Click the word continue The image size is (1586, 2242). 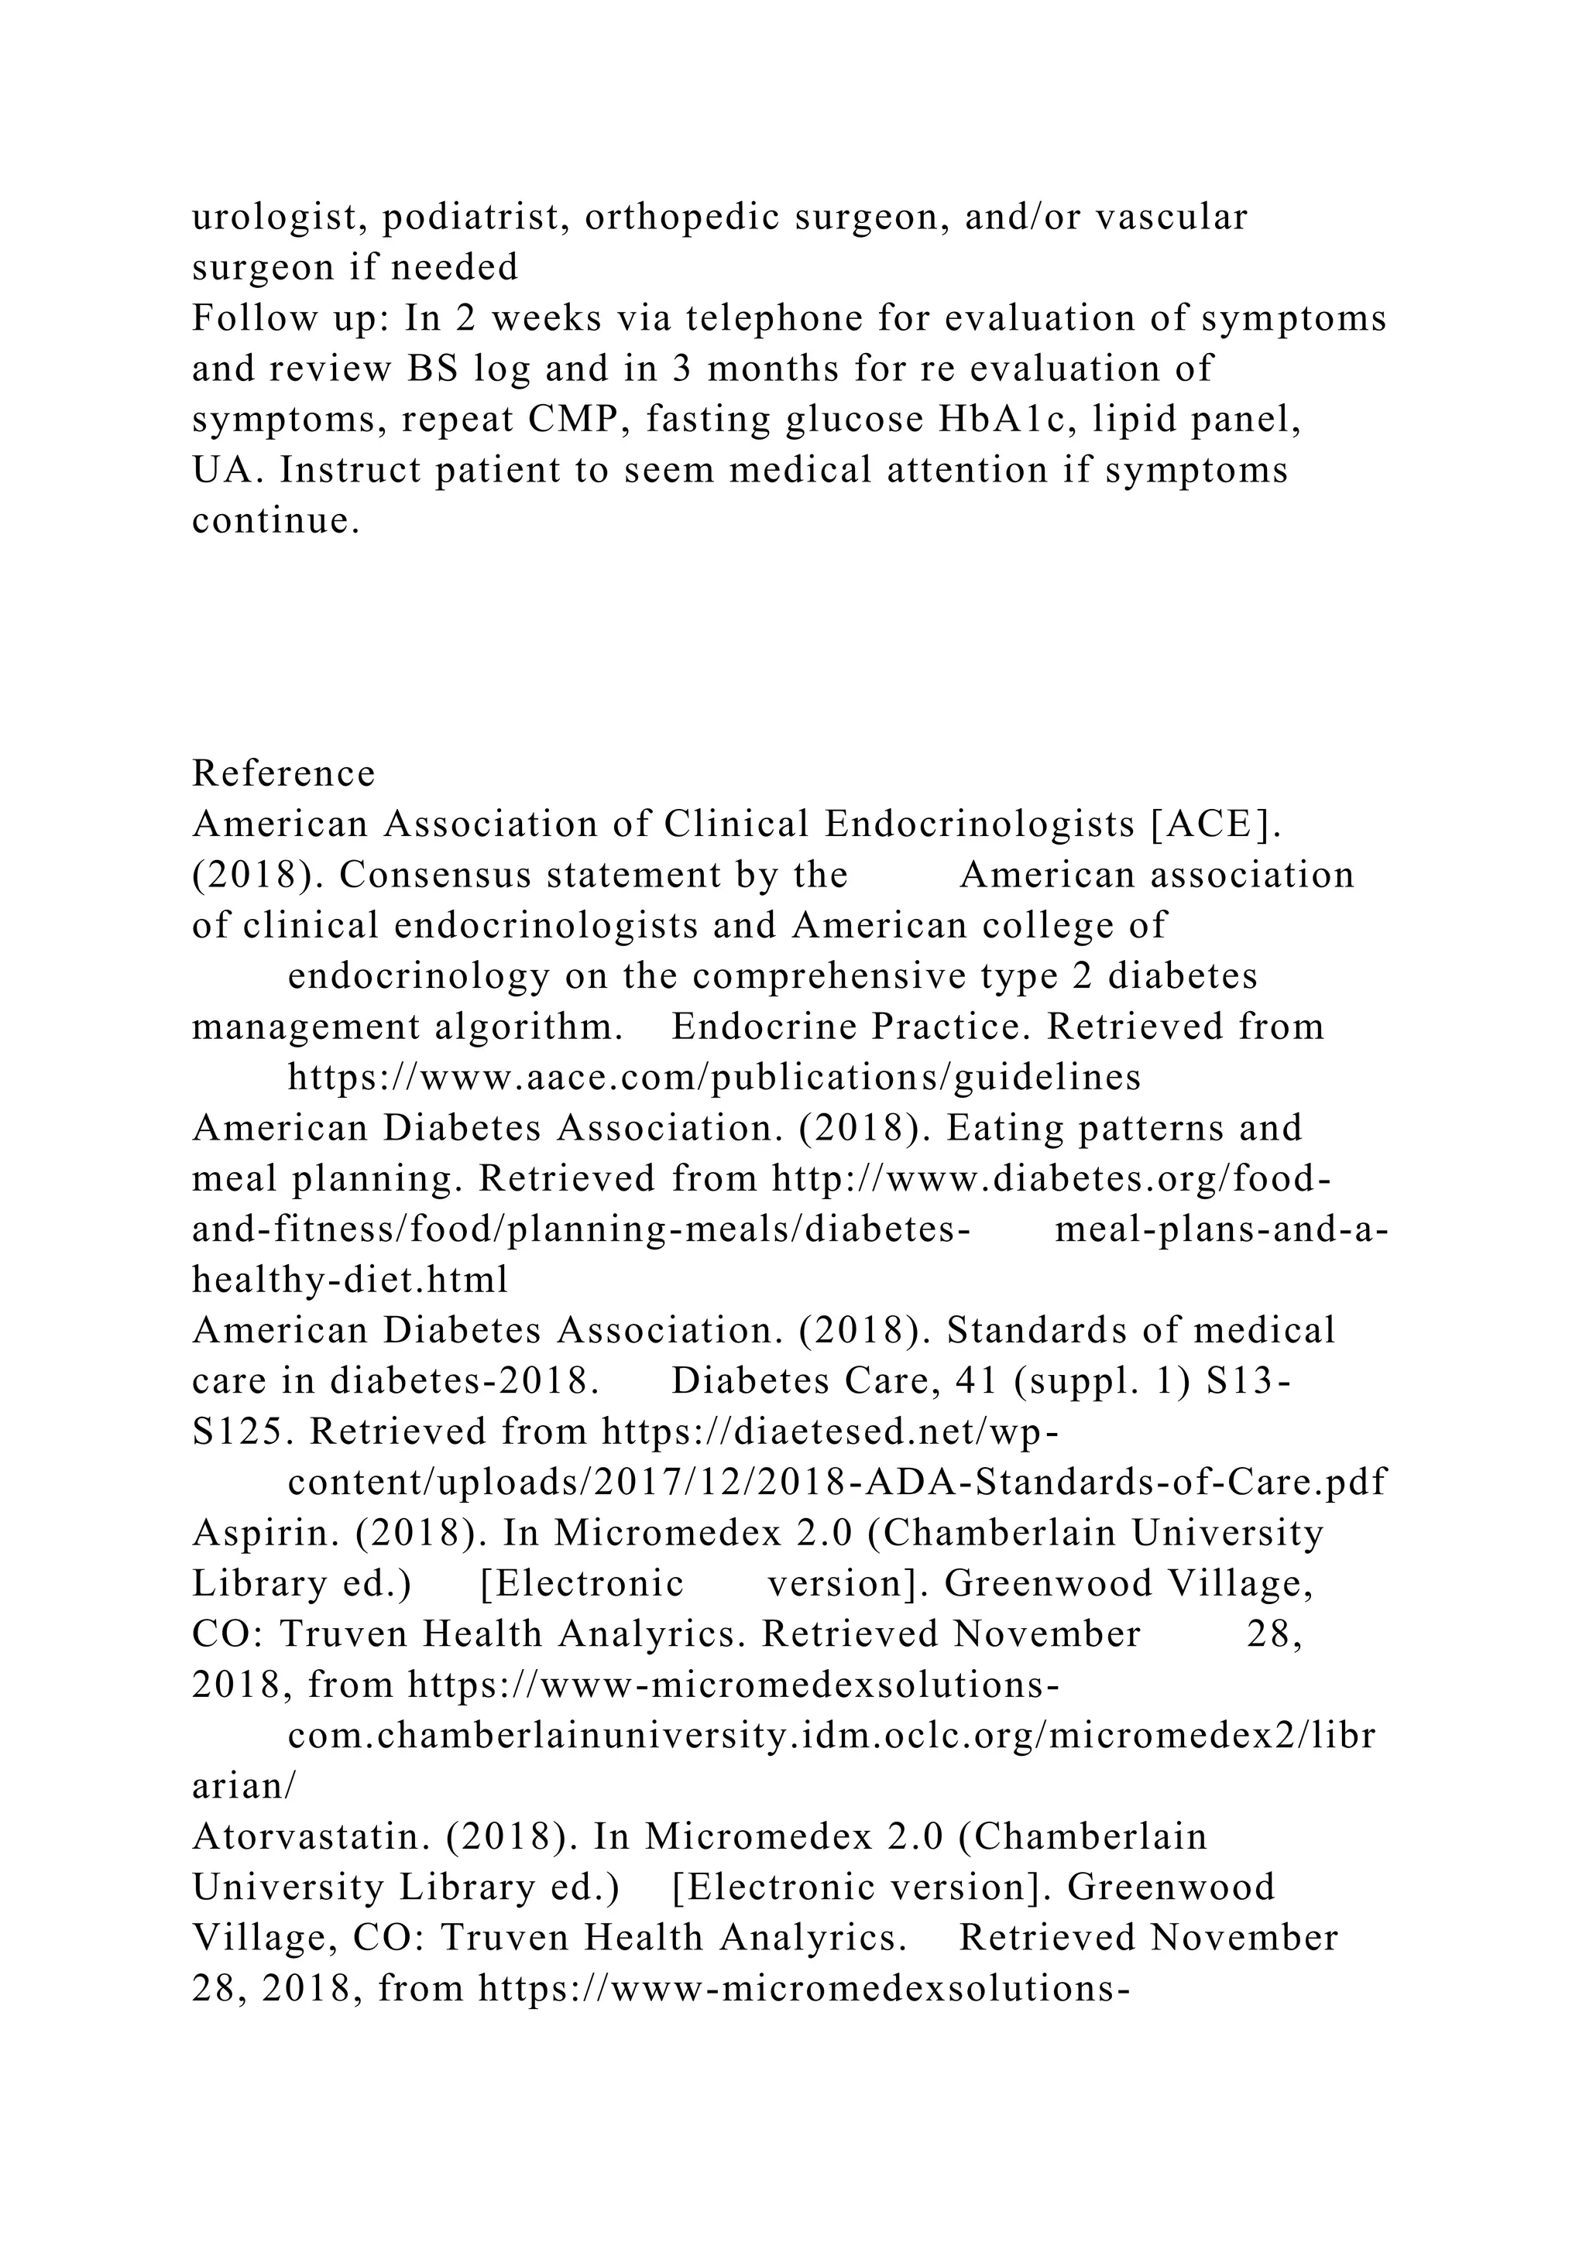(269, 520)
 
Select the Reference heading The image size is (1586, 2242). (283, 773)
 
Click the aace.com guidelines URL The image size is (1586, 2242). (714, 1077)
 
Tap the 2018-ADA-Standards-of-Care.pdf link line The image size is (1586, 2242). (836, 1483)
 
